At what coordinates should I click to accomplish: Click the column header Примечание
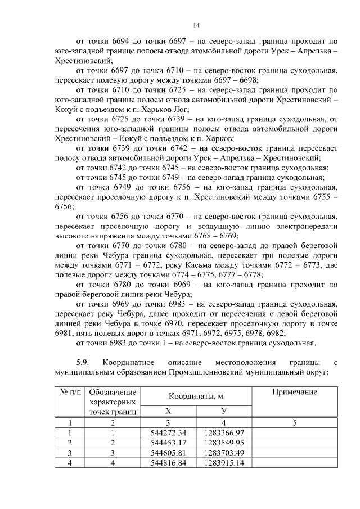pyautogui.click(x=294, y=392)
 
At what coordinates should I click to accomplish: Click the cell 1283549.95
pyautogui.click(x=224, y=443)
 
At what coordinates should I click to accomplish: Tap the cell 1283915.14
pyautogui.click(x=224, y=462)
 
